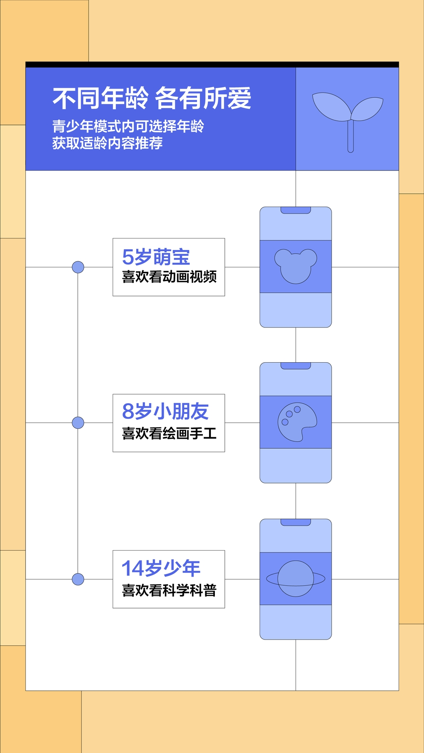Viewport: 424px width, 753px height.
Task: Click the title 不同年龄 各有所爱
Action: tap(152, 99)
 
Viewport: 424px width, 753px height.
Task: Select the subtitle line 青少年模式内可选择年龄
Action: tap(128, 126)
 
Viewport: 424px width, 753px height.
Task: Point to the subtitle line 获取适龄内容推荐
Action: tap(107, 143)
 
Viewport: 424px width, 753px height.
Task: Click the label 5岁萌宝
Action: tap(156, 257)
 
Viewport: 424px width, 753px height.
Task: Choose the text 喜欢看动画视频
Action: tap(169, 277)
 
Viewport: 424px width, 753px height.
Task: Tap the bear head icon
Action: tap(296, 266)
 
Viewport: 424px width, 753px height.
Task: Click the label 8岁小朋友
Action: tap(165, 411)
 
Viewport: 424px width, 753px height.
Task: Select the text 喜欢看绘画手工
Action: tap(169, 433)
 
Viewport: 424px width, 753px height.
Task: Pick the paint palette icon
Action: tap(296, 422)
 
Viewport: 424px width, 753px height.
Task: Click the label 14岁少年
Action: tap(161, 568)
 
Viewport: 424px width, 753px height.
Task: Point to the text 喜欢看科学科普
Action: tap(169, 590)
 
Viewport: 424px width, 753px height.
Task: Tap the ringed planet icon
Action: tap(296, 578)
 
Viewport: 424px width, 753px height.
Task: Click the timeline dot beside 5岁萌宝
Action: tap(78, 267)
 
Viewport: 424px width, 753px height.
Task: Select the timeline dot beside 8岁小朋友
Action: tap(78, 423)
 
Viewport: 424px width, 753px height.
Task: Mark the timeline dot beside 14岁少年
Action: tap(78, 579)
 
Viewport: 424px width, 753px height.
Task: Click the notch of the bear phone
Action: tap(296, 210)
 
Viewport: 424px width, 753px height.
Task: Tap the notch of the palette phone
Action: tap(296, 366)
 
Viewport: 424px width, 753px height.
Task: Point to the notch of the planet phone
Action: tap(296, 522)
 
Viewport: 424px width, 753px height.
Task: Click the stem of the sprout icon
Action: tap(350, 137)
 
